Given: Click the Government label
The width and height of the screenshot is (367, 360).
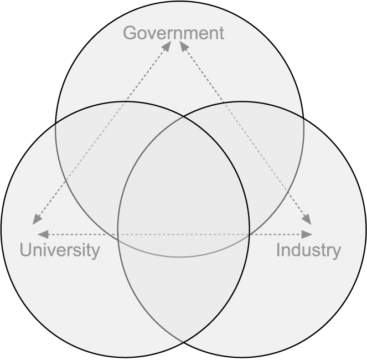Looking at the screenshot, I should (x=173, y=33).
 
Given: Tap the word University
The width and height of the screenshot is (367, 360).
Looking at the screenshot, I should (x=60, y=250).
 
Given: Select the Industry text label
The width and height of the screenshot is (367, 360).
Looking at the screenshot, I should (x=308, y=250).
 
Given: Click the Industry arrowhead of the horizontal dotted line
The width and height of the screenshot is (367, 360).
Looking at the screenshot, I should (x=308, y=234).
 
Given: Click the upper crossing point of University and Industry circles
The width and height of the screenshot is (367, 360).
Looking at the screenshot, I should (x=183, y=115).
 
